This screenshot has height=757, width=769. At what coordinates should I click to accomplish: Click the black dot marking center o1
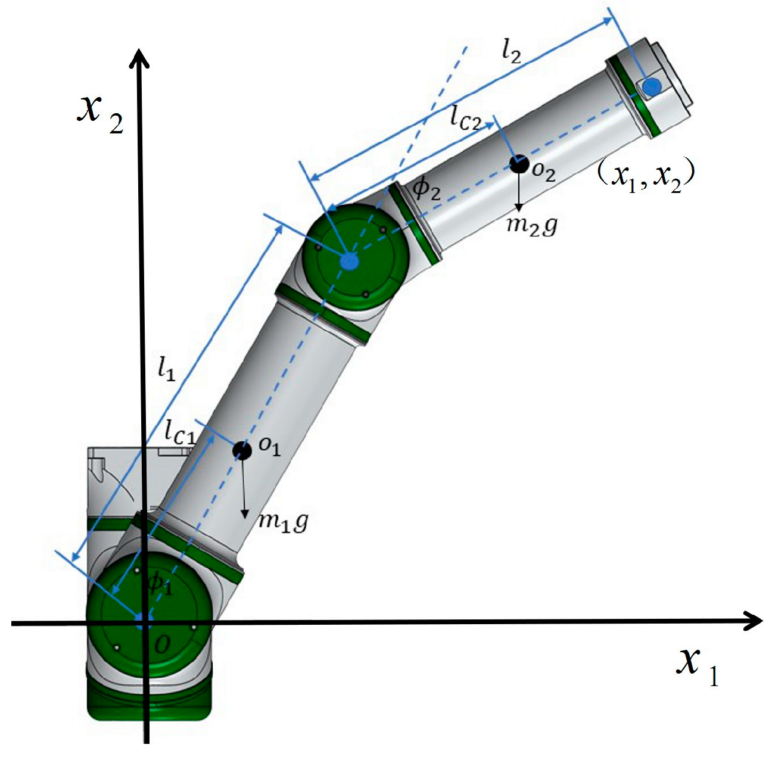coord(242,451)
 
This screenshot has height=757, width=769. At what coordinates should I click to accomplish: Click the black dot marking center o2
coord(519,164)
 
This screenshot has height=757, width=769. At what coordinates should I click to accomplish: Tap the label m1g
coord(283,522)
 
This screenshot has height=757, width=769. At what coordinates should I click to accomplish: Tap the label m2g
coord(531,226)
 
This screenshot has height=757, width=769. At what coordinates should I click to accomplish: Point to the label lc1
coord(180,432)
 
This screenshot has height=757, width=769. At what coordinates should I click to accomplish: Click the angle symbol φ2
coord(427,189)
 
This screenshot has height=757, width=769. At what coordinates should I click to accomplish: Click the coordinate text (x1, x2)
coord(646,176)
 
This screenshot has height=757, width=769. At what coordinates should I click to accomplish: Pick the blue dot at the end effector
coord(652,87)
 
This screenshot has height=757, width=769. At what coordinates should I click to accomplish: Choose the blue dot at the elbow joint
coord(349,260)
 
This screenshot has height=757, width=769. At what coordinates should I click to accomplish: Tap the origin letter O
coord(161,644)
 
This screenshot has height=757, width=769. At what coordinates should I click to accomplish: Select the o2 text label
coord(543,172)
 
